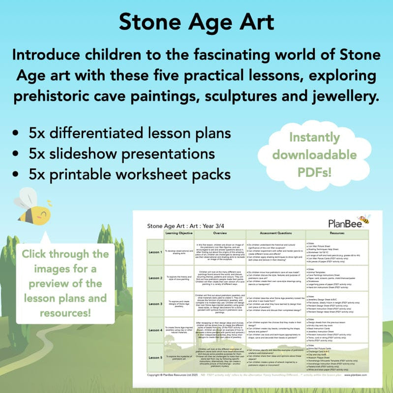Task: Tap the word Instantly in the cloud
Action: coord(314,137)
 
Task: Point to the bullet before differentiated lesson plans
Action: coord(18,134)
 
